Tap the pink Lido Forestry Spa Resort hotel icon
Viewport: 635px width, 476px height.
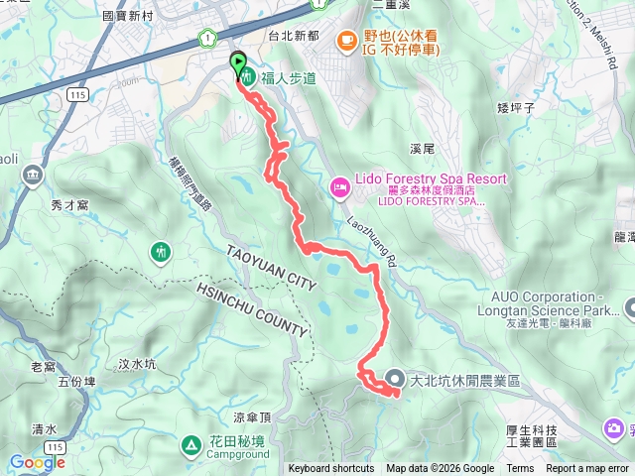click(339, 185)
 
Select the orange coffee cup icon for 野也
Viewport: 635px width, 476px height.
click(345, 40)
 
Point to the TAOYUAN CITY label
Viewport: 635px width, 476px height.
click(271, 269)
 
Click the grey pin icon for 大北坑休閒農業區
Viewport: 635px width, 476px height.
click(394, 379)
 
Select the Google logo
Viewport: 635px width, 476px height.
click(37, 462)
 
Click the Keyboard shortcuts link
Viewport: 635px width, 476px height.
click(331, 469)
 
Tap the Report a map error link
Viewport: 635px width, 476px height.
click(587, 469)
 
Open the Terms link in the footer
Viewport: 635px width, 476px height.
click(520, 469)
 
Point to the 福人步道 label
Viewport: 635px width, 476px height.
click(288, 78)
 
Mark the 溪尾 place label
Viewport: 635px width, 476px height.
click(423, 149)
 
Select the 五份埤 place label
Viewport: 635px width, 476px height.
click(78, 380)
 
